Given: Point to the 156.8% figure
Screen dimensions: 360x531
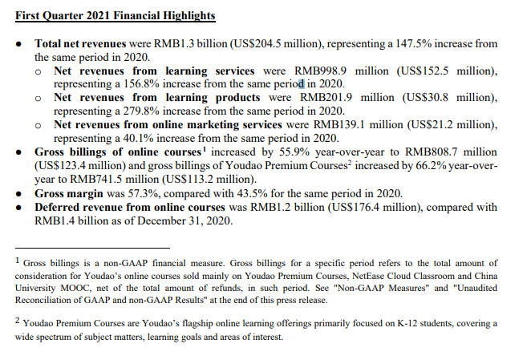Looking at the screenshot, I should (x=140, y=84).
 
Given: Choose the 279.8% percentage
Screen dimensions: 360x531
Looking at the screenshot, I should (x=140, y=111).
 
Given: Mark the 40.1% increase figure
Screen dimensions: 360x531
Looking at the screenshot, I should (x=137, y=138).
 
